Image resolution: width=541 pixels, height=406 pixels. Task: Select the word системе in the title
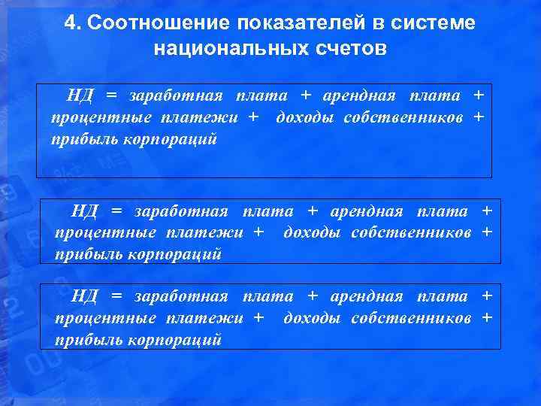pos(443,23)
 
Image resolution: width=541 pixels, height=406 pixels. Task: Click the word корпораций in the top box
pos(177,140)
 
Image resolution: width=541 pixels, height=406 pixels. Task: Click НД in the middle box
pos(85,211)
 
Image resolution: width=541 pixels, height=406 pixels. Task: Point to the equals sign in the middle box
pos(116,211)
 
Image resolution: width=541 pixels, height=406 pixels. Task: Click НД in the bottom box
pos(85,297)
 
